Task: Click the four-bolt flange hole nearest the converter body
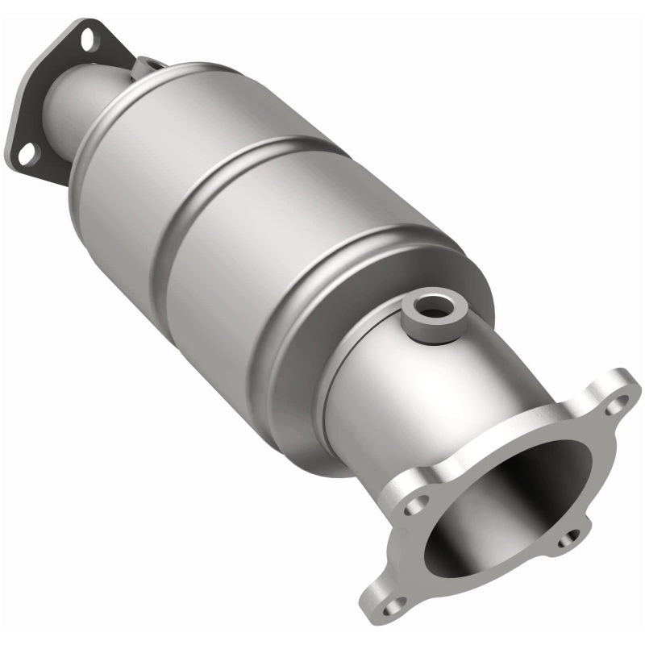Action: click(416, 503)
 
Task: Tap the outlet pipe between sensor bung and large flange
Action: click(451, 379)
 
